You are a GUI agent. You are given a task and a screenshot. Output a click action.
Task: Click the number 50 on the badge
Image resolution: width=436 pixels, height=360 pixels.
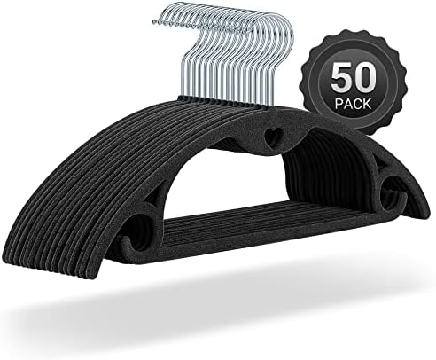pyautogui.click(x=354, y=79)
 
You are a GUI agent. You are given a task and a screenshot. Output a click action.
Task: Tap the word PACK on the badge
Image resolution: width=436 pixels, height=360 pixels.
pyautogui.click(x=354, y=104)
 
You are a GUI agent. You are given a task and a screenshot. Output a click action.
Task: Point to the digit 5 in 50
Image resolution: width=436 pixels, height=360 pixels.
pyautogui.click(x=341, y=79)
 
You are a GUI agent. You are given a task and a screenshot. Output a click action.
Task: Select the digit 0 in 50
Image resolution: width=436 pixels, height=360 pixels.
pyautogui.click(x=366, y=79)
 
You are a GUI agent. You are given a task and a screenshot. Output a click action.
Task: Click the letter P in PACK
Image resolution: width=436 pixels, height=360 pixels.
pyautogui.click(x=339, y=104)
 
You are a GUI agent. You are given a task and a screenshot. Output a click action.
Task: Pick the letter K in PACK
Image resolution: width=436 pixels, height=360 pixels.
pyautogui.click(x=368, y=104)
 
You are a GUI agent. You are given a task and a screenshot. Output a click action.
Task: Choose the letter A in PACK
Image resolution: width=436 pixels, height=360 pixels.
pyautogui.click(x=348, y=104)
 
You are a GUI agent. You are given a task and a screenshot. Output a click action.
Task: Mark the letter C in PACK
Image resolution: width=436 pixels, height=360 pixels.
pyautogui.click(x=358, y=104)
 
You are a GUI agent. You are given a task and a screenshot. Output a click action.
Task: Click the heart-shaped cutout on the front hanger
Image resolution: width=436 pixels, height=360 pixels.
pyautogui.click(x=272, y=137)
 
